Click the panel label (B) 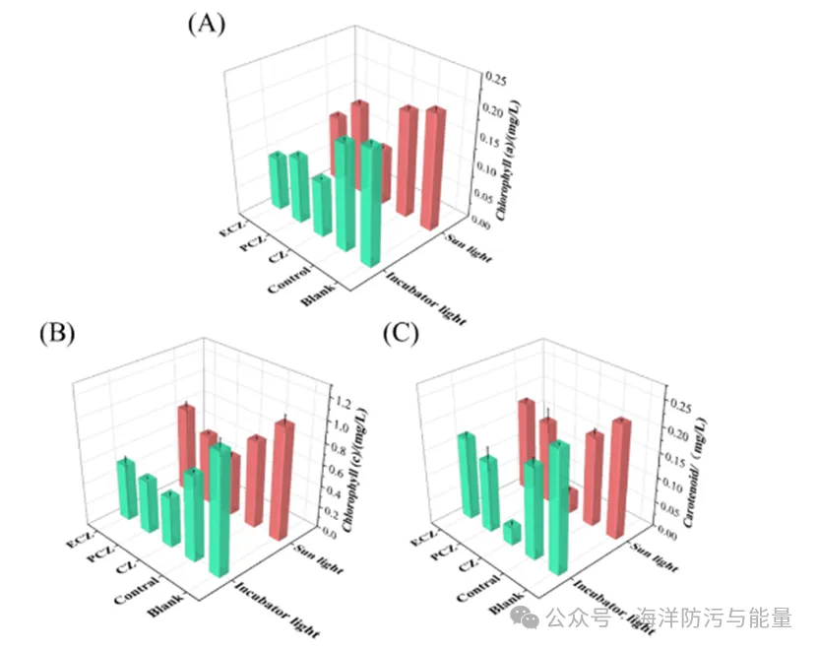tap(57, 333)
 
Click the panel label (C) tap(401, 333)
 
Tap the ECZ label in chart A tap(229, 232)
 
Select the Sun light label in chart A tap(461, 245)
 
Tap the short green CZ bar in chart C tap(511, 532)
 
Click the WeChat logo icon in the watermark tap(528, 618)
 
